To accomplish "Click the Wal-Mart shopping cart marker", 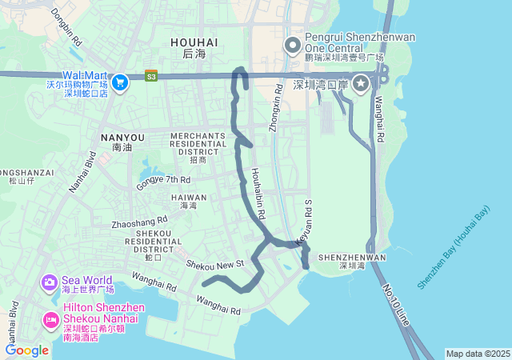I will (120, 82).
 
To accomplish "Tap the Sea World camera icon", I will (50, 282).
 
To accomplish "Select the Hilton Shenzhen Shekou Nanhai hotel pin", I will (50, 321).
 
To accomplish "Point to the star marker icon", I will (362, 83).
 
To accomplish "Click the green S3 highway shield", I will (151, 76).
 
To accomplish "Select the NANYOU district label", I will (122, 138).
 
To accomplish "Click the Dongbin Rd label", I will (66, 26).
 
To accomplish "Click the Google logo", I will (26, 350).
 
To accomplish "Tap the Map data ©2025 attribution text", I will (478, 354).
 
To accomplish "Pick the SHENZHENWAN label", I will (352, 258).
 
